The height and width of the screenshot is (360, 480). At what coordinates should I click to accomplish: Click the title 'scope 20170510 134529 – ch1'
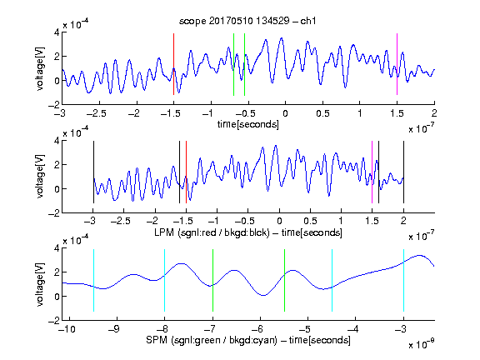[247, 21]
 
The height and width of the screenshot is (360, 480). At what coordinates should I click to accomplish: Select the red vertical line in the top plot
[173, 64]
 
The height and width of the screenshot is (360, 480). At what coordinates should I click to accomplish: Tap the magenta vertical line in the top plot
[397, 64]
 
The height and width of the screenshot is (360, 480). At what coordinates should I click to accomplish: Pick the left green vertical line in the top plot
[233, 65]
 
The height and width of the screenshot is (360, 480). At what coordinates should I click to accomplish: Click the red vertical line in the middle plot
[186, 172]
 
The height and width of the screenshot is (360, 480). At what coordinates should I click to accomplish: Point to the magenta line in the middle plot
[372, 172]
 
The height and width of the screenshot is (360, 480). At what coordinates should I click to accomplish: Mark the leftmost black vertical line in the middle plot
[93, 172]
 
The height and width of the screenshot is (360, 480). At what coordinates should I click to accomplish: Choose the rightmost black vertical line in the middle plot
[403, 172]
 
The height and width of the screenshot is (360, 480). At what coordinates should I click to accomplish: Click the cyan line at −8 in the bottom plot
[164, 280]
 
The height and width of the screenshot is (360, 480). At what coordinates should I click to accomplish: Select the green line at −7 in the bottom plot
[212, 280]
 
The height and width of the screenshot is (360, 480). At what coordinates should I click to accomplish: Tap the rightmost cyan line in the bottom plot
[403, 280]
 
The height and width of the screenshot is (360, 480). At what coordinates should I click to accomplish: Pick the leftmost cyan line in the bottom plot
[93, 280]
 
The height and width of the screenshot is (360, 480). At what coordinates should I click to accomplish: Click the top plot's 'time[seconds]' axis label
[248, 125]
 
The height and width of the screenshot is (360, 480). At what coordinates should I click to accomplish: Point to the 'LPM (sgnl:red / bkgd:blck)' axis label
[212, 232]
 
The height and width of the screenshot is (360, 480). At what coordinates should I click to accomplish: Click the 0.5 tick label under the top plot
[322, 113]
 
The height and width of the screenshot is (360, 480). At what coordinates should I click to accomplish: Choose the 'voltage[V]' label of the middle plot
[40, 177]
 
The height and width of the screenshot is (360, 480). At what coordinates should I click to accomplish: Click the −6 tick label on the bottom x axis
[257, 329]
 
